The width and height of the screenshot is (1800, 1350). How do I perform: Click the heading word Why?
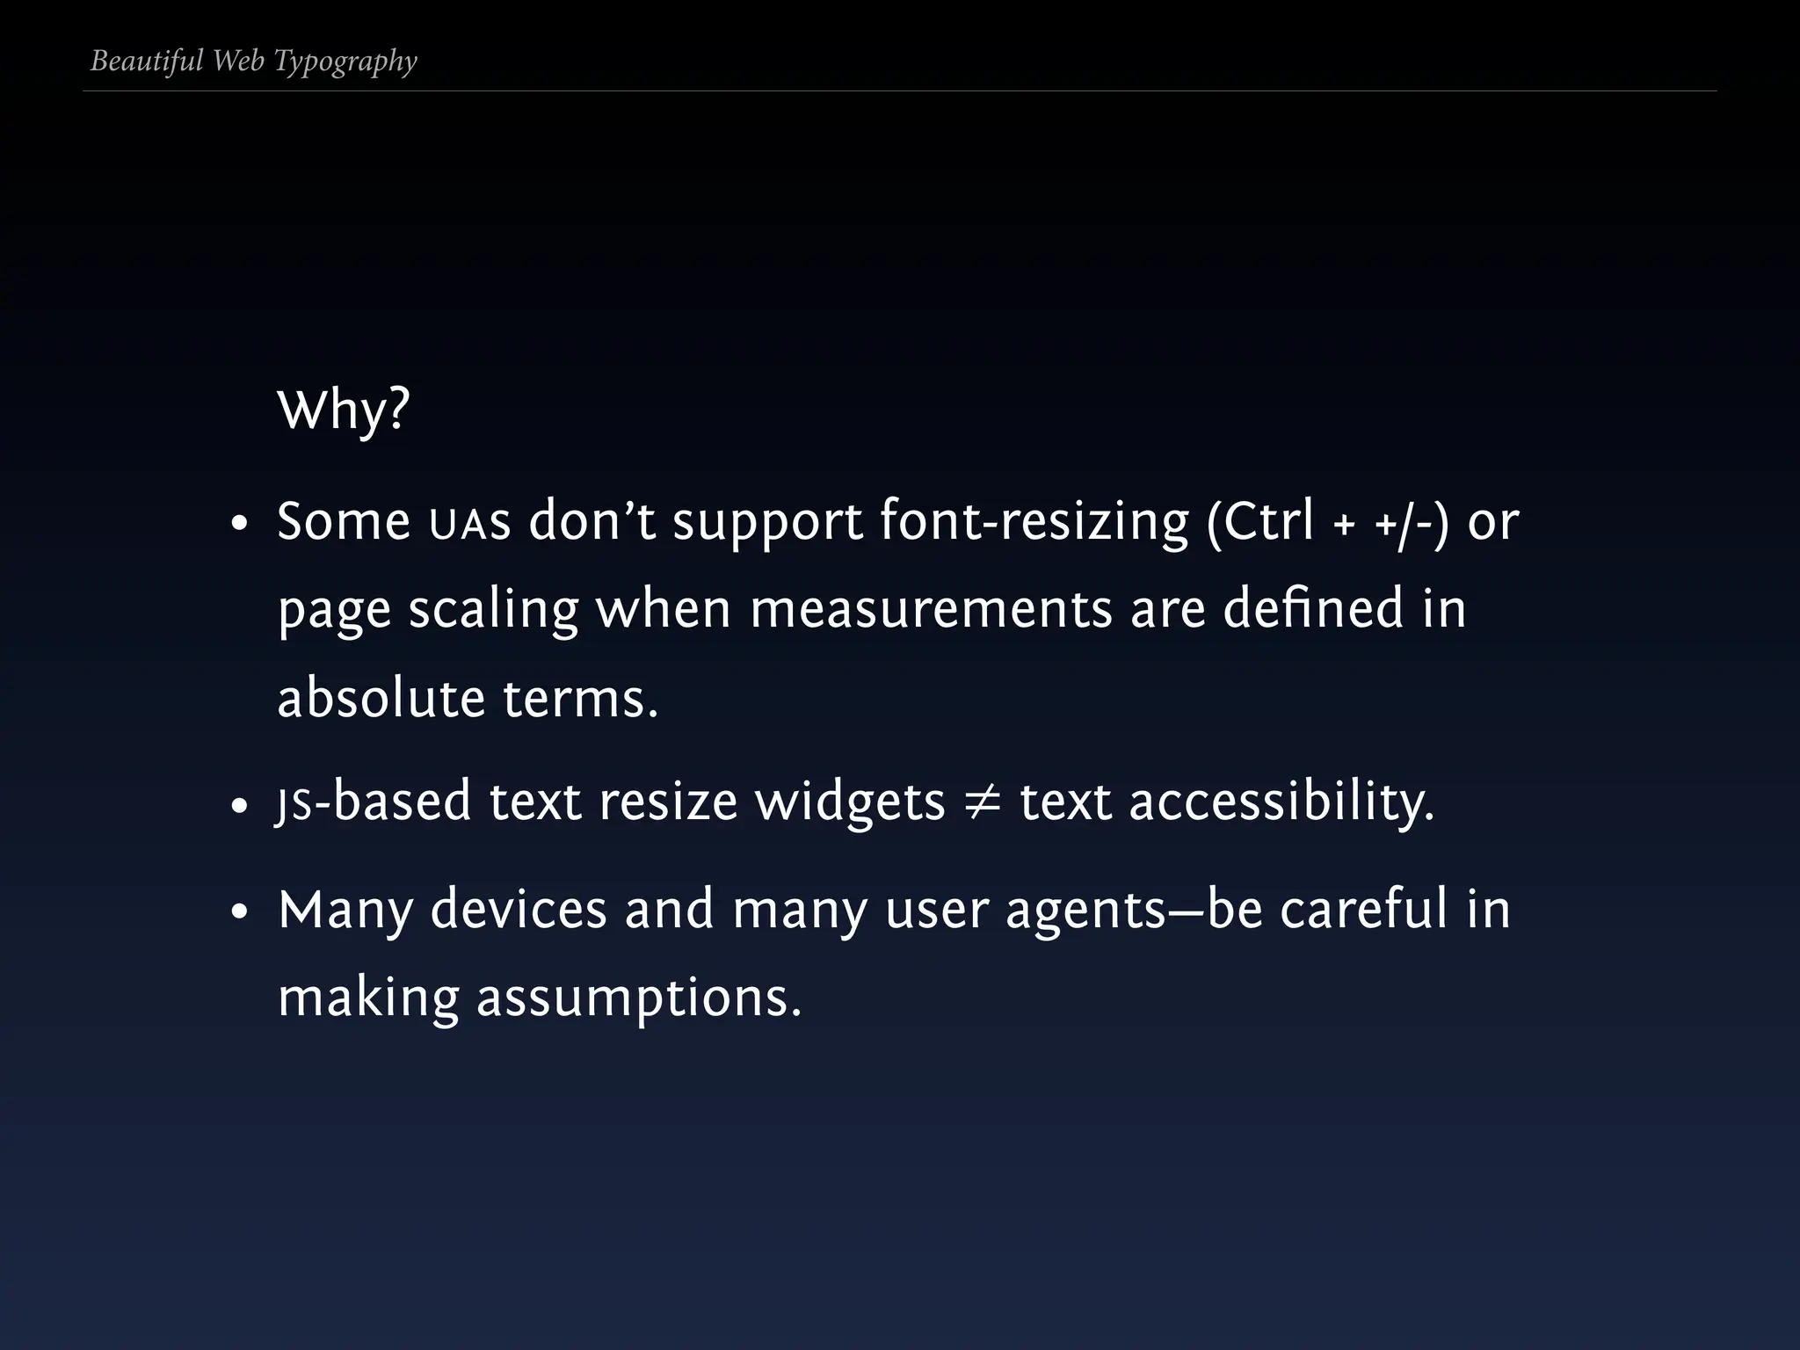[x=343, y=410]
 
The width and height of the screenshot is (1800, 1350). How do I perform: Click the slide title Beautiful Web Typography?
[x=253, y=61]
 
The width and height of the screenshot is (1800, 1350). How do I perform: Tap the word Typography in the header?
[x=345, y=62]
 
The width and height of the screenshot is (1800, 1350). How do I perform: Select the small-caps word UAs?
[x=469, y=524]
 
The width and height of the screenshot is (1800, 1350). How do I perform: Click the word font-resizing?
[x=1034, y=522]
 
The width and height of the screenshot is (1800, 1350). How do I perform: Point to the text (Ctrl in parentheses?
[x=1260, y=522]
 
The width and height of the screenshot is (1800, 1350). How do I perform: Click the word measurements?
[x=931, y=609]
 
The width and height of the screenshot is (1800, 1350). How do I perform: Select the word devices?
[x=519, y=910]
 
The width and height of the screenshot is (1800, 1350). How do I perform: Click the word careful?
[x=1363, y=910]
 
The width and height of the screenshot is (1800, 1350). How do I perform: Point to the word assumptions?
[x=639, y=999]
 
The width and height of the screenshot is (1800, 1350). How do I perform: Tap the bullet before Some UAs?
[x=239, y=526]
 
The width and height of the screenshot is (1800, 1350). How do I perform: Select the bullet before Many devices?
[x=239, y=913]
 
